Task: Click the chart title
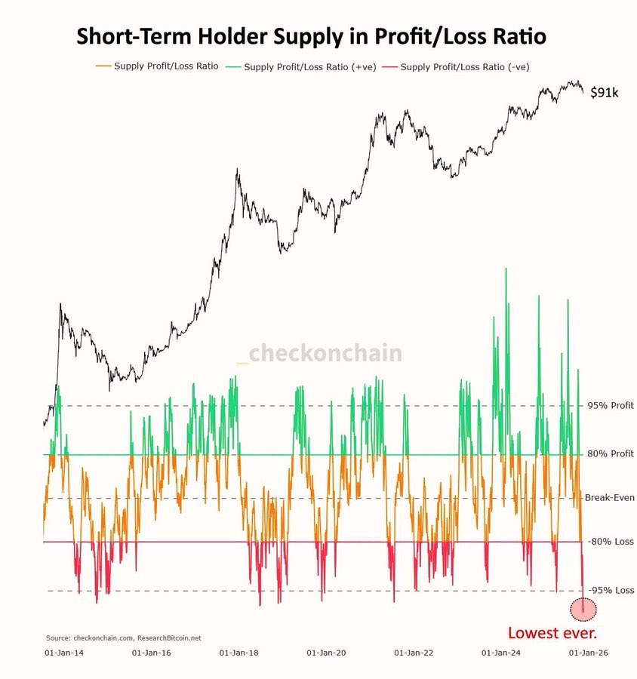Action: point(311,36)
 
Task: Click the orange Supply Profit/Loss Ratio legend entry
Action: point(157,66)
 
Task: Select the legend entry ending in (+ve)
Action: point(300,67)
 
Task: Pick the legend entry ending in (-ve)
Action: point(456,67)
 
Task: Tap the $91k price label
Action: point(605,92)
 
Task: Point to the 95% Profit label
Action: point(610,406)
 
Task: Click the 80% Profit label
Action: point(610,454)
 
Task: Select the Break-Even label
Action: point(609,498)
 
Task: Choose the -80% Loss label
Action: point(610,542)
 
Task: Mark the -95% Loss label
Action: point(611,590)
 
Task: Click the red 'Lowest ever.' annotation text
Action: point(552,633)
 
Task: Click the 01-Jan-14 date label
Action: point(64,653)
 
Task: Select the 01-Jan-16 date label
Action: point(151,653)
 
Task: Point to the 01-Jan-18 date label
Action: point(238,653)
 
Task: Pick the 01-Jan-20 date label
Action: point(326,653)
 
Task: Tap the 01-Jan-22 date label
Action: point(414,653)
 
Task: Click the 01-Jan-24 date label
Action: point(501,653)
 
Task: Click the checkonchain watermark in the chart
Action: point(319,353)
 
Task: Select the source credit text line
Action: point(124,638)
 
